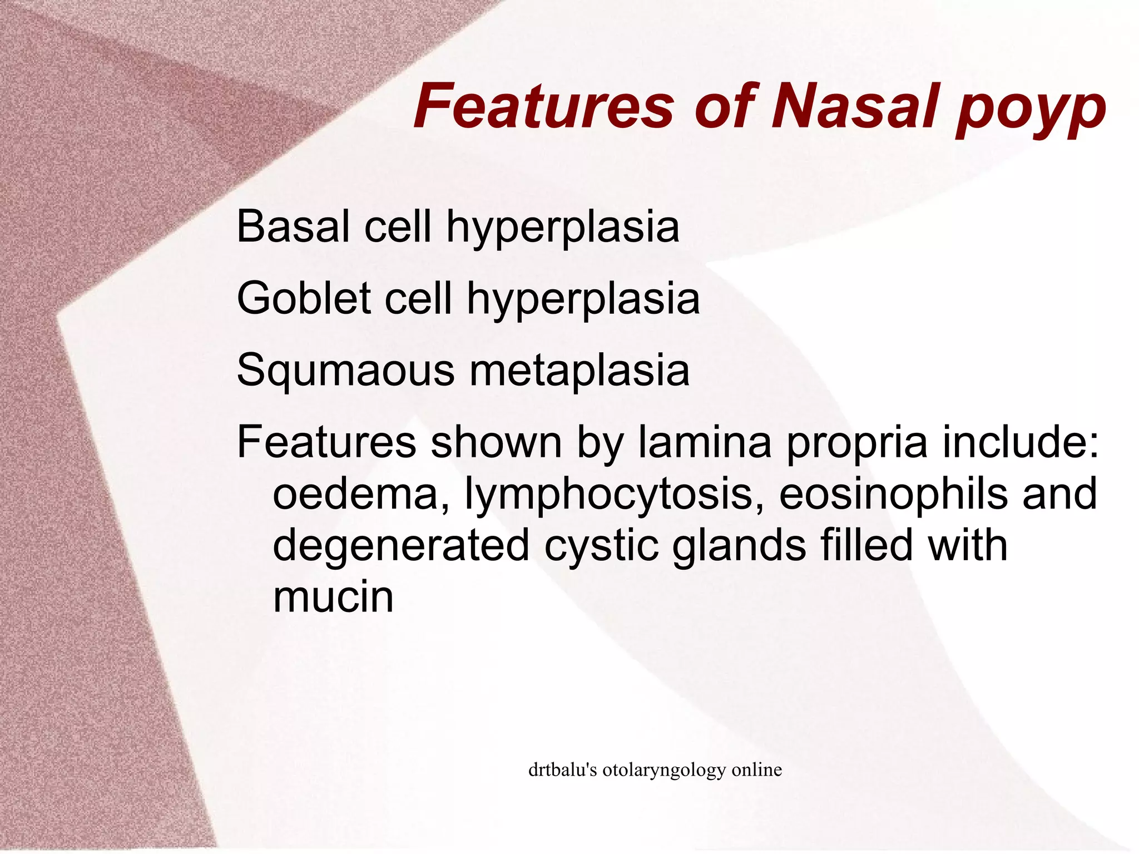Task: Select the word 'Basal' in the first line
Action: (293, 226)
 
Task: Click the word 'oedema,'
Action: (362, 494)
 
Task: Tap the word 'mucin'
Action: (333, 596)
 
